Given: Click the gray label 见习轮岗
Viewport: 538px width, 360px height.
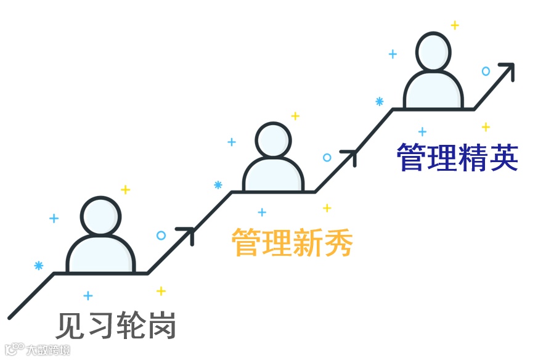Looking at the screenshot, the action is (x=116, y=325).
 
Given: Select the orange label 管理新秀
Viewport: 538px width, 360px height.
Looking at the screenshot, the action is (x=292, y=242).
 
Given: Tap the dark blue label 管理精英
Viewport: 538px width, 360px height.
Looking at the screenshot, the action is (x=457, y=158).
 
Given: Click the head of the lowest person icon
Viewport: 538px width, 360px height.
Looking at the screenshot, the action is (x=100, y=216).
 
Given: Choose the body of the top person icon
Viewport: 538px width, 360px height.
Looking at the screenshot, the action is (x=433, y=91).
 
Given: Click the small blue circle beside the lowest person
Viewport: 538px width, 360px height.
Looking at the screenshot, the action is (x=161, y=235).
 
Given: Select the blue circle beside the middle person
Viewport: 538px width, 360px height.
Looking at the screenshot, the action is (x=327, y=158).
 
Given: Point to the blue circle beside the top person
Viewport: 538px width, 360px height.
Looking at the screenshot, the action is (x=486, y=72).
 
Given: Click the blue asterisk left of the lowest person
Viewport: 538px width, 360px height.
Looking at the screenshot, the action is (x=39, y=266).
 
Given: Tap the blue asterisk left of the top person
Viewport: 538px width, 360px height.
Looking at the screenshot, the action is (x=380, y=101).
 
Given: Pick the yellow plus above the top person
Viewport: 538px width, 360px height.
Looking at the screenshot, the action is (x=455, y=25).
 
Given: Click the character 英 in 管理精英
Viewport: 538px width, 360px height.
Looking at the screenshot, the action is (x=502, y=158).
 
